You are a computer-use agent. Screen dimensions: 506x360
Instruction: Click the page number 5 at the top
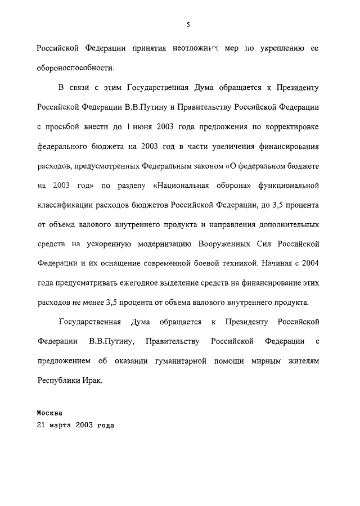click(188, 24)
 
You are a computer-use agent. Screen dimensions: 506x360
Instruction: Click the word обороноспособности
click(75, 67)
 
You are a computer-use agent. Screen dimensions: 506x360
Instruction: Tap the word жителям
click(301, 361)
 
